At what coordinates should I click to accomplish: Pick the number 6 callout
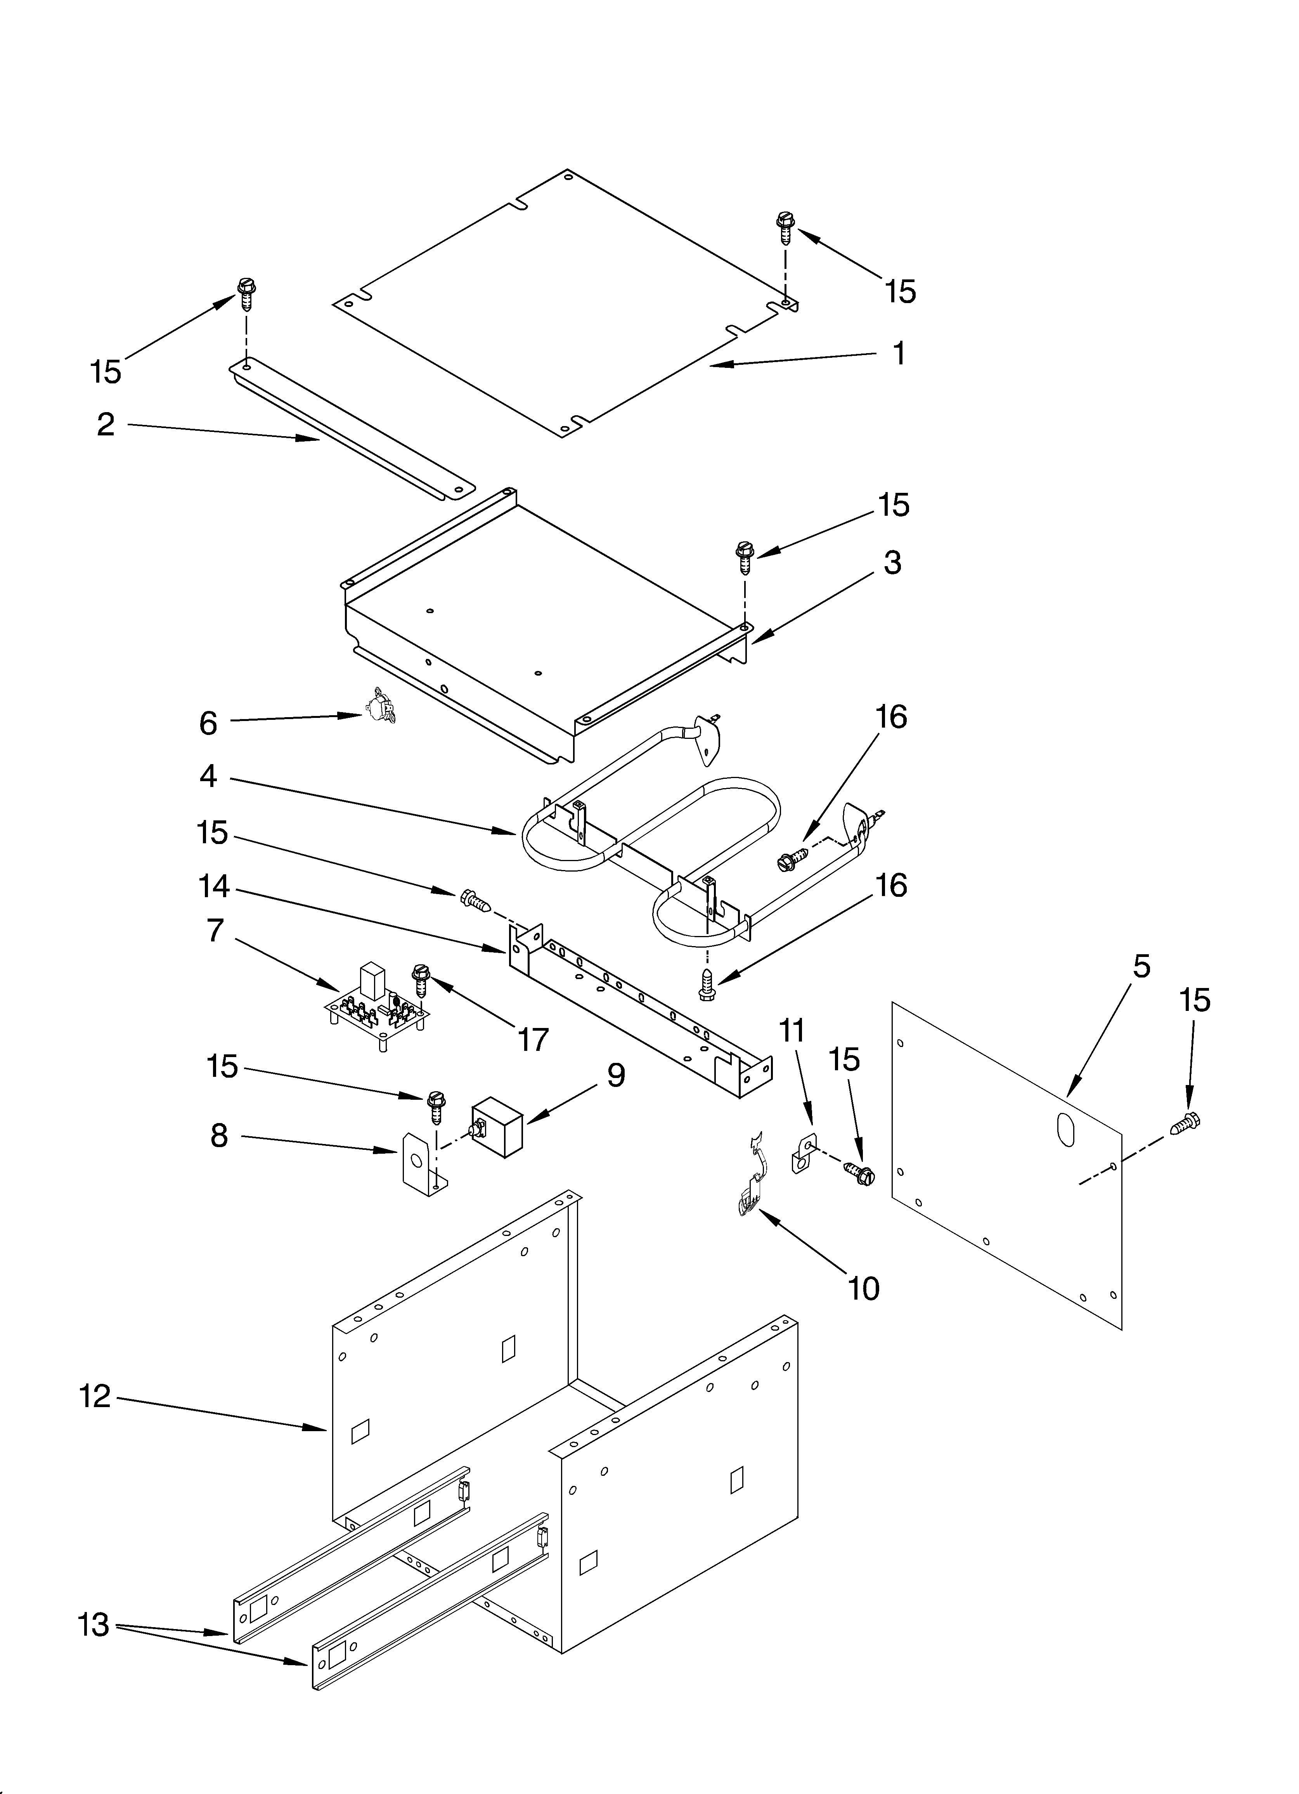[208, 723]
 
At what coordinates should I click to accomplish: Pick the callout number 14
[214, 887]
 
